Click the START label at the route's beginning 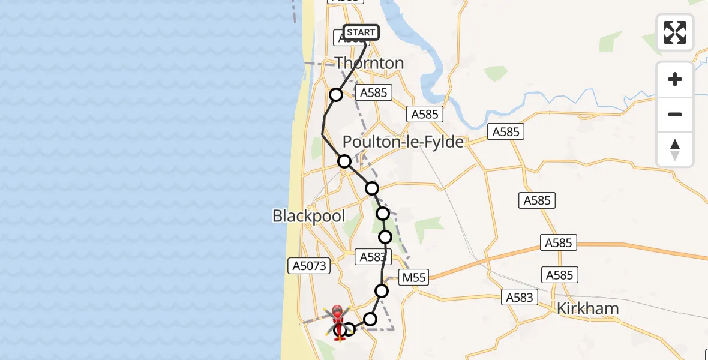point(361,32)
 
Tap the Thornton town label point(369,63)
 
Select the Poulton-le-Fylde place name point(403,142)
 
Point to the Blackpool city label point(308,215)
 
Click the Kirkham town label point(587,309)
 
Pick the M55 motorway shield point(413,277)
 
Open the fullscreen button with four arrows point(675,32)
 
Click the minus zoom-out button point(675,114)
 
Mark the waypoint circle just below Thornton point(336,95)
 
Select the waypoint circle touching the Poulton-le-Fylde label point(344,161)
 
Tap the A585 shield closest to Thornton point(374,92)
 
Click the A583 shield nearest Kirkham point(518,296)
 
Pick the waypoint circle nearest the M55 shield point(382,291)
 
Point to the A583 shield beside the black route point(372,257)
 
